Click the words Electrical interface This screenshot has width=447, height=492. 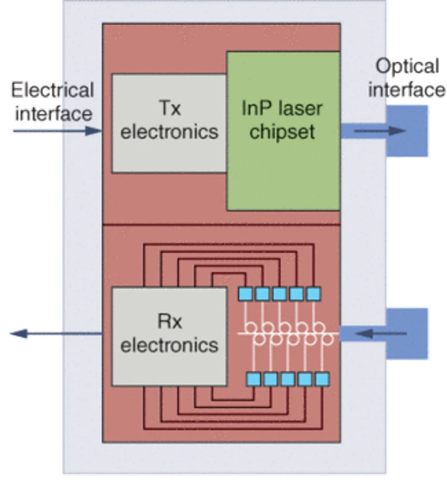[53, 101]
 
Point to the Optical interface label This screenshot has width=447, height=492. [407, 78]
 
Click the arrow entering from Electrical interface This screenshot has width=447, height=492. [56, 131]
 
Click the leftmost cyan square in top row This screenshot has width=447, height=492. [245, 292]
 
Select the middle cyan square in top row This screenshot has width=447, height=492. [283, 292]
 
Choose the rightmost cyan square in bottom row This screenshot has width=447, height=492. [322, 378]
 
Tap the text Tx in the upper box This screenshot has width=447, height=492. [168, 109]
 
